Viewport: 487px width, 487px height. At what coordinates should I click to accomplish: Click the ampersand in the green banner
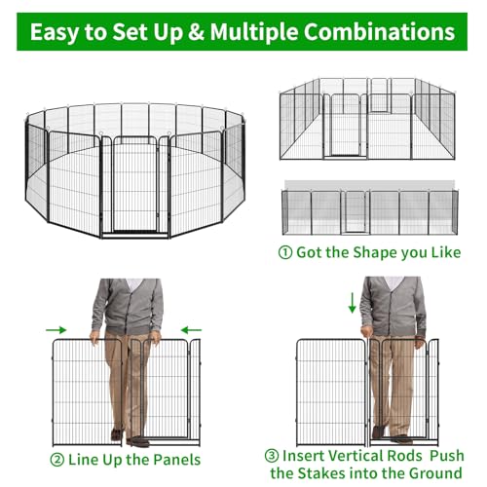[x=196, y=31]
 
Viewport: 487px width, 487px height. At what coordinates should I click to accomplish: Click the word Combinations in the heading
[x=379, y=31]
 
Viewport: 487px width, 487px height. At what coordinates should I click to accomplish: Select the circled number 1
[x=285, y=252]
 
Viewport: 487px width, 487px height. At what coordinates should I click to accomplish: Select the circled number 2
[x=57, y=460]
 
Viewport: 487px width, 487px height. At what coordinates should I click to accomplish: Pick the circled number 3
[x=272, y=456]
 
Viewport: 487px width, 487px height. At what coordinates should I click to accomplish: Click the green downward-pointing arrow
[x=352, y=303]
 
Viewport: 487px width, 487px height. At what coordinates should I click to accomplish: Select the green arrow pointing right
[x=56, y=330]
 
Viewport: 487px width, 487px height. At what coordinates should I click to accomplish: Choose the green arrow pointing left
[x=191, y=330]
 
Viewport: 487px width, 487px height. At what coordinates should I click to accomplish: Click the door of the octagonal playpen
[x=135, y=184]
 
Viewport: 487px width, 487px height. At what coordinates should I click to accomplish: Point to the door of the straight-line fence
[x=355, y=212]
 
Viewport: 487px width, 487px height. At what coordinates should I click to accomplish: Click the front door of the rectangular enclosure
[x=346, y=126]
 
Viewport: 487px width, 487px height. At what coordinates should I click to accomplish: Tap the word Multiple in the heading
[x=254, y=32]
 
